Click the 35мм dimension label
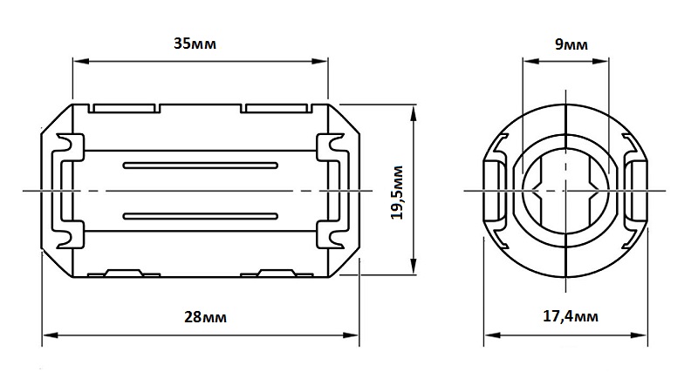195,44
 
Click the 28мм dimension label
205,317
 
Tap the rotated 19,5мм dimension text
397,193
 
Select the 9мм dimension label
571,44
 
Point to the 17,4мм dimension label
571,316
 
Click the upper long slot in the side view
201,166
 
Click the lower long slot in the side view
201,216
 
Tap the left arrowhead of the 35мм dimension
80,61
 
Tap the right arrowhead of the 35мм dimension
320,61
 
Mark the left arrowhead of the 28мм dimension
50,335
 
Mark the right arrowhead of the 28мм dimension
351,335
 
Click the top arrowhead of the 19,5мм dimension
414,113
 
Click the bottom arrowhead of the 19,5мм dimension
414,267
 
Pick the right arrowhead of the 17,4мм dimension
640,335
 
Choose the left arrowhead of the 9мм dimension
530,61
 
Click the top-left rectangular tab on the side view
124,108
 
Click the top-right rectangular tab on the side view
276,108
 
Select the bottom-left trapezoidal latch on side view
124,273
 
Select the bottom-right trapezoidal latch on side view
277,273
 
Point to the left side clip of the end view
495,191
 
